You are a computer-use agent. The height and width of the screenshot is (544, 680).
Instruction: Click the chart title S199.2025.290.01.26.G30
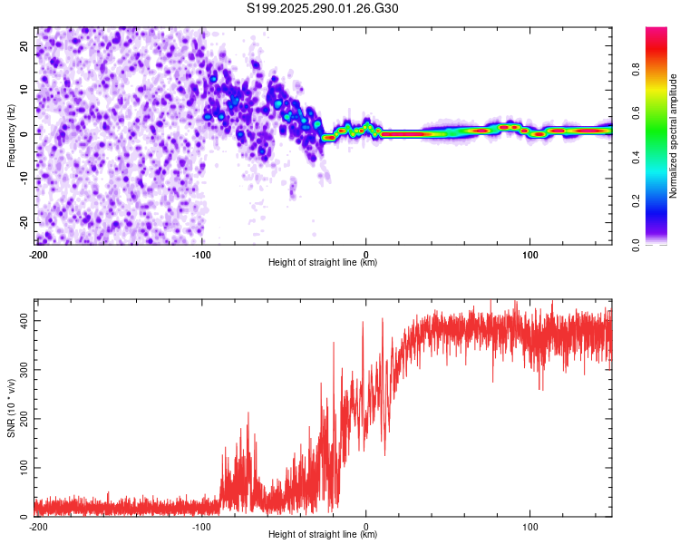coord(322,8)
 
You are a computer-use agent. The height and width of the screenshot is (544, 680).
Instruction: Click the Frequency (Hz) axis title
coord(11,136)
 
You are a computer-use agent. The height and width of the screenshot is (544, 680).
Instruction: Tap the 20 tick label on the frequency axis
coord(24,45)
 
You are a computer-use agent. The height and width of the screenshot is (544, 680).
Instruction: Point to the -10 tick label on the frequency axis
coord(24,179)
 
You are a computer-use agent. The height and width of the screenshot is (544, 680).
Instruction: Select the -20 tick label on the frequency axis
coord(24,222)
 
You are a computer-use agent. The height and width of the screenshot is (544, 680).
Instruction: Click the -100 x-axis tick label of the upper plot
coord(201,255)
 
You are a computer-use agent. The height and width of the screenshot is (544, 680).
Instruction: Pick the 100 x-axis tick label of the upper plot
coord(530,255)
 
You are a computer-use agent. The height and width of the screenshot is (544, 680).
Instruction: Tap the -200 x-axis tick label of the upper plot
coord(38,255)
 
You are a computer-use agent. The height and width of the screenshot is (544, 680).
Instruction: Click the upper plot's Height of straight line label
coord(323,262)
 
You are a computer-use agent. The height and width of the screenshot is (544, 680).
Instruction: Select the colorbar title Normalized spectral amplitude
coord(673,136)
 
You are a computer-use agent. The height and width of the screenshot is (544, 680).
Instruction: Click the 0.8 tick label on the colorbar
coord(636,69)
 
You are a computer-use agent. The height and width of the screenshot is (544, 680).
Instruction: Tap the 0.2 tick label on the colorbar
coord(636,201)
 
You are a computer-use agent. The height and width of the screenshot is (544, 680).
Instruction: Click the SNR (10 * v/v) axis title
coord(11,408)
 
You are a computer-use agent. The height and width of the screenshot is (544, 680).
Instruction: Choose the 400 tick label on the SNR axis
coord(24,321)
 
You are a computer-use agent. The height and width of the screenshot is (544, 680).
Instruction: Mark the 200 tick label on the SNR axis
coord(24,419)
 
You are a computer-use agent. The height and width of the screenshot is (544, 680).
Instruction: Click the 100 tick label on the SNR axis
coord(24,468)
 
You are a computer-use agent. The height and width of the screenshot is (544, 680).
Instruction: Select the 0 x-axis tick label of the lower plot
coord(366,527)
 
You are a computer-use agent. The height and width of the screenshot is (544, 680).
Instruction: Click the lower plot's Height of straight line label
coord(323,534)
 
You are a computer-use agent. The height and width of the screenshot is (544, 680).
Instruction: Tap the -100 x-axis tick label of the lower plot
coord(201,527)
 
